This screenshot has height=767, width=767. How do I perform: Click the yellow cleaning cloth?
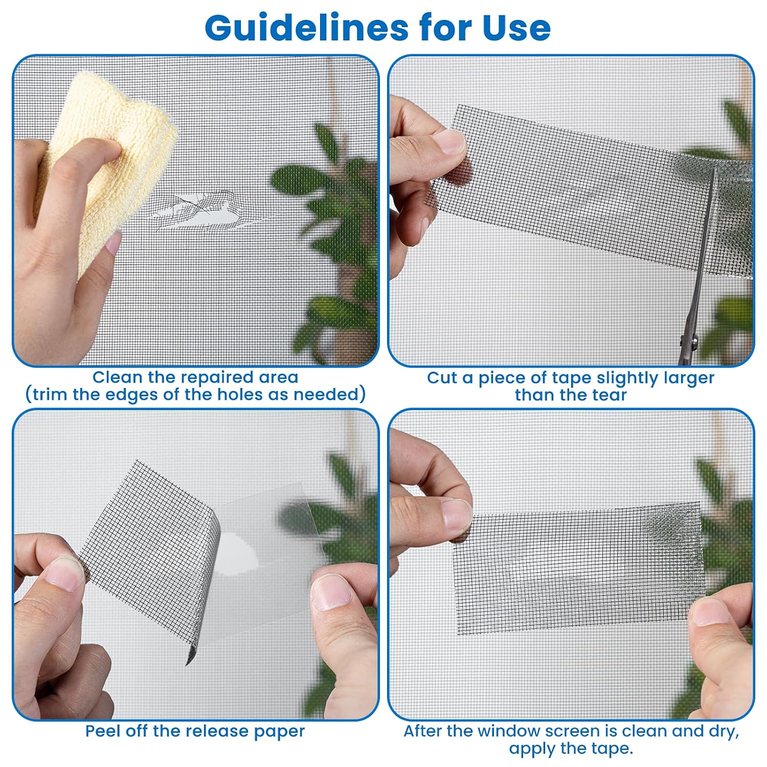click(x=107, y=169)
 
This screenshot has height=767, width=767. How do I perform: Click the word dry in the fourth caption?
click(x=722, y=732)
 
